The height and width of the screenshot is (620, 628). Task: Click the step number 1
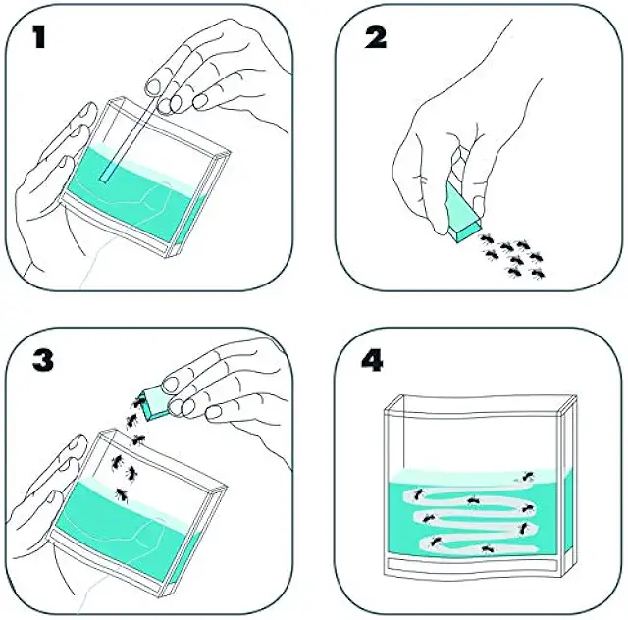(39, 37)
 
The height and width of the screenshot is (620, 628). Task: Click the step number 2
(376, 37)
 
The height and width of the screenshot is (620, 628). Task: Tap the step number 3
(43, 360)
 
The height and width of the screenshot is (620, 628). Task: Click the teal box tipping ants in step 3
(154, 402)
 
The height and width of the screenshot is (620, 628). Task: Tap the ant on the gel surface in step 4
(528, 476)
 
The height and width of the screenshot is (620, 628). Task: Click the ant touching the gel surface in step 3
(122, 495)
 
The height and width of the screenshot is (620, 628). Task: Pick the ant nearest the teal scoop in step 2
(487, 239)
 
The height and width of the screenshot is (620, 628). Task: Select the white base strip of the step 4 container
(473, 565)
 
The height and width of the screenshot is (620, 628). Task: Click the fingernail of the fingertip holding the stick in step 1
(152, 86)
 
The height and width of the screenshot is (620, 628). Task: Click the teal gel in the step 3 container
(125, 529)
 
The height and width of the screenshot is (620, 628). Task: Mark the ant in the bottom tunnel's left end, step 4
(435, 542)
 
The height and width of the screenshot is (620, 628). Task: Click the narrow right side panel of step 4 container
(569, 485)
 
